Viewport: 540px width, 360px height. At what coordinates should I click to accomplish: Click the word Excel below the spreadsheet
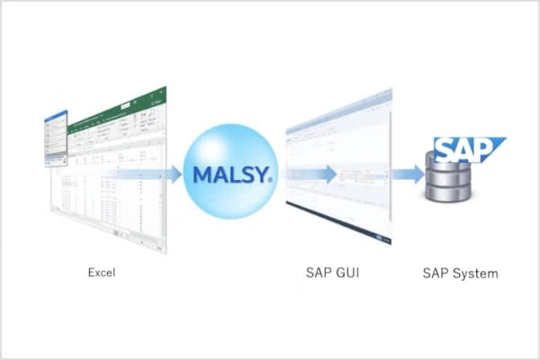tap(103, 271)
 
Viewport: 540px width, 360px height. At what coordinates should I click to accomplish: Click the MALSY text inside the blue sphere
tap(229, 172)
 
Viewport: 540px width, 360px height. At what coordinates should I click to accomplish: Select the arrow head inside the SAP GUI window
tap(332, 173)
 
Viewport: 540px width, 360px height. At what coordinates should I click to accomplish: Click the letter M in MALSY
tap(195, 172)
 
